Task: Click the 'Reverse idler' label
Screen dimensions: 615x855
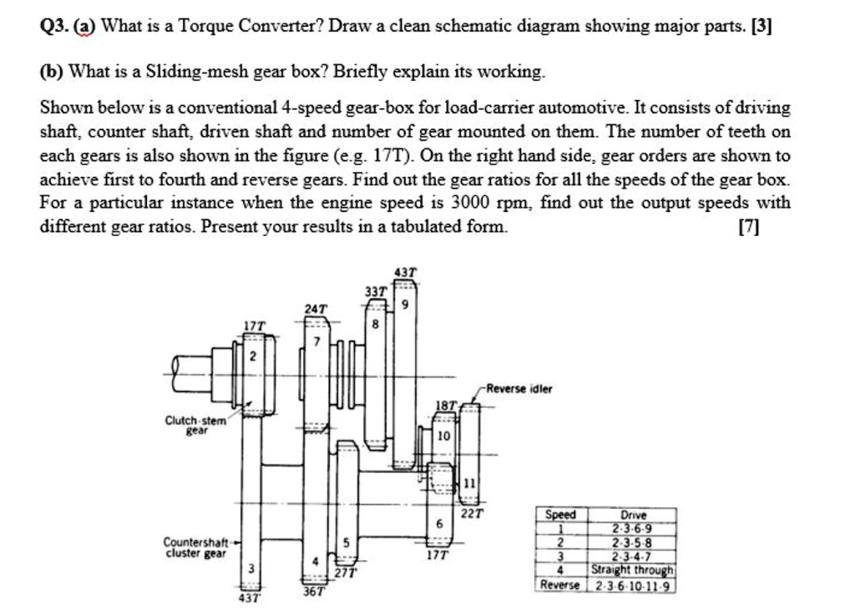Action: [520, 389]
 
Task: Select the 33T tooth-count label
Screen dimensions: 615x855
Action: [376, 291]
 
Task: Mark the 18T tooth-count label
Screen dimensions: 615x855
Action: [447, 406]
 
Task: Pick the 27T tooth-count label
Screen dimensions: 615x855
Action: [346, 572]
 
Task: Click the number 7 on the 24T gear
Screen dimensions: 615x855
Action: [316, 344]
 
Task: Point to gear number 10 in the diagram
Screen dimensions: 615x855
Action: [443, 436]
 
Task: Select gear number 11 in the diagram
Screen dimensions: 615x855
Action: [469, 483]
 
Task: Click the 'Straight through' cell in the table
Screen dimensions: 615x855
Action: [633, 571]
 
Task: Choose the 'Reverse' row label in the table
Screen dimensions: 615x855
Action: [560, 585]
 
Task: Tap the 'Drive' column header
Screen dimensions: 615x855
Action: [634, 516]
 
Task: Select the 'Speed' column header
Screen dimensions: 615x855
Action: [560, 516]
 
